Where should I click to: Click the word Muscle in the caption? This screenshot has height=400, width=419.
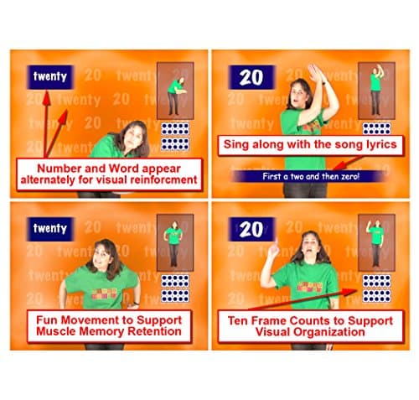click(56, 331)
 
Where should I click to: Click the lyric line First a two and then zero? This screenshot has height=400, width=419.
click(311, 176)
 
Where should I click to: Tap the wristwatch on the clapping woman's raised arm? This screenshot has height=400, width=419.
click(323, 82)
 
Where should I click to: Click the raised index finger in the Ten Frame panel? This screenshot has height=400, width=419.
click(276, 242)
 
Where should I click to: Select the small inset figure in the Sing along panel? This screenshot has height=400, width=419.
click(376, 90)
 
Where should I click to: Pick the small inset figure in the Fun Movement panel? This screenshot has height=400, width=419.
click(173, 244)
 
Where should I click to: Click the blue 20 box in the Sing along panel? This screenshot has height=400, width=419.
click(251, 77)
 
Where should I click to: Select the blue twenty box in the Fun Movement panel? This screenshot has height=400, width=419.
click(50, 229)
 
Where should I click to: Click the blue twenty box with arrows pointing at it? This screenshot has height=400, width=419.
click(50, 77)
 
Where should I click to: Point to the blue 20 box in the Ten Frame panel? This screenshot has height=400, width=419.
click(251, 229)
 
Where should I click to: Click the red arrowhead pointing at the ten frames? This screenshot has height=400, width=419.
click(349, 292)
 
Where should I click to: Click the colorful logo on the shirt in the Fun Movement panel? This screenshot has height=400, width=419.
click(104, 294)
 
